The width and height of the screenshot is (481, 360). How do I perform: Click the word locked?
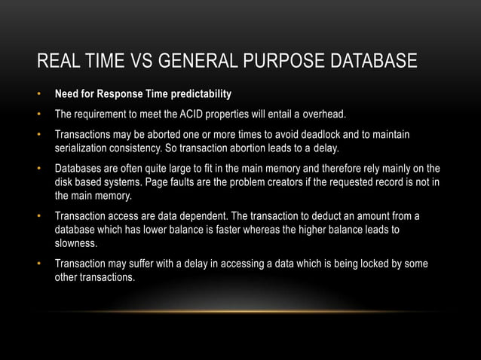pos(375,264)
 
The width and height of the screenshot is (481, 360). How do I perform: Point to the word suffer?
pos(142,264)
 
